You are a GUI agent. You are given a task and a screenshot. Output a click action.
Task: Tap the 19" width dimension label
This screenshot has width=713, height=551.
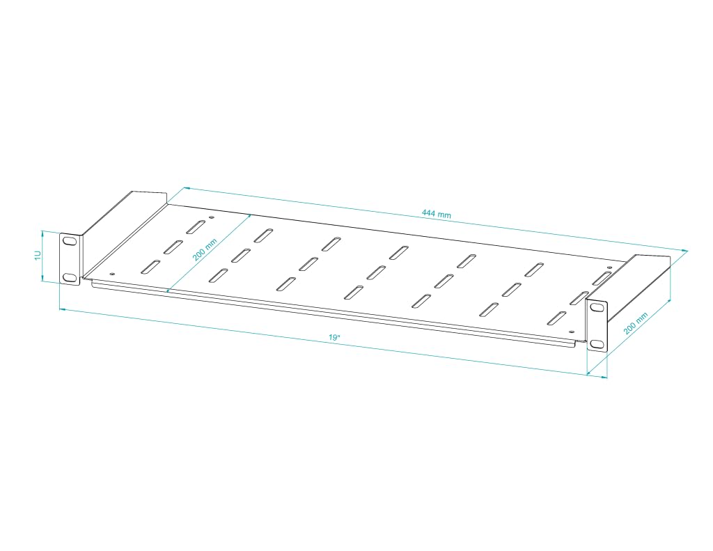click(x=335, y=338)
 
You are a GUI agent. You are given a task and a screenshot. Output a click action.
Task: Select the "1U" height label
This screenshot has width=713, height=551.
click(x=38, y=256)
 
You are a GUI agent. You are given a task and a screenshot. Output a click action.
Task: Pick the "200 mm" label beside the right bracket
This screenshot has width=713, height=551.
click(x=635, y=323)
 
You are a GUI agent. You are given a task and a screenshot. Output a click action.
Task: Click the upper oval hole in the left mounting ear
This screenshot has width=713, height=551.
click(x=70, y=242)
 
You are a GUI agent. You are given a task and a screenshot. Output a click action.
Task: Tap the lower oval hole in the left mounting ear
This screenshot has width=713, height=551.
click(x=70, y=277)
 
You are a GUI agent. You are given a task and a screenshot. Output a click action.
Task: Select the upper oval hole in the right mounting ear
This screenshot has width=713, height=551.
click(x=597, y=308)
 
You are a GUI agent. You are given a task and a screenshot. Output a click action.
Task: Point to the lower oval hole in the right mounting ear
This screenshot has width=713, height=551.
click(x=596, y=343)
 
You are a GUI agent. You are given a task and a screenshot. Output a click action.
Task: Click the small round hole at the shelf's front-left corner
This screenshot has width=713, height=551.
click(x=113, y=274)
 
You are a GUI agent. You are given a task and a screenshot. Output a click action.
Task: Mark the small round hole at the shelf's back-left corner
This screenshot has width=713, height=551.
click(x=210, y=218)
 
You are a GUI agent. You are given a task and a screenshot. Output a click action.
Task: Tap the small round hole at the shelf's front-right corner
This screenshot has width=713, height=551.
click(x=572, y=332)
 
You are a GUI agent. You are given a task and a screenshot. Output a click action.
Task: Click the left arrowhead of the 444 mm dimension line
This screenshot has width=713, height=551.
click(x=185, y=188)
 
